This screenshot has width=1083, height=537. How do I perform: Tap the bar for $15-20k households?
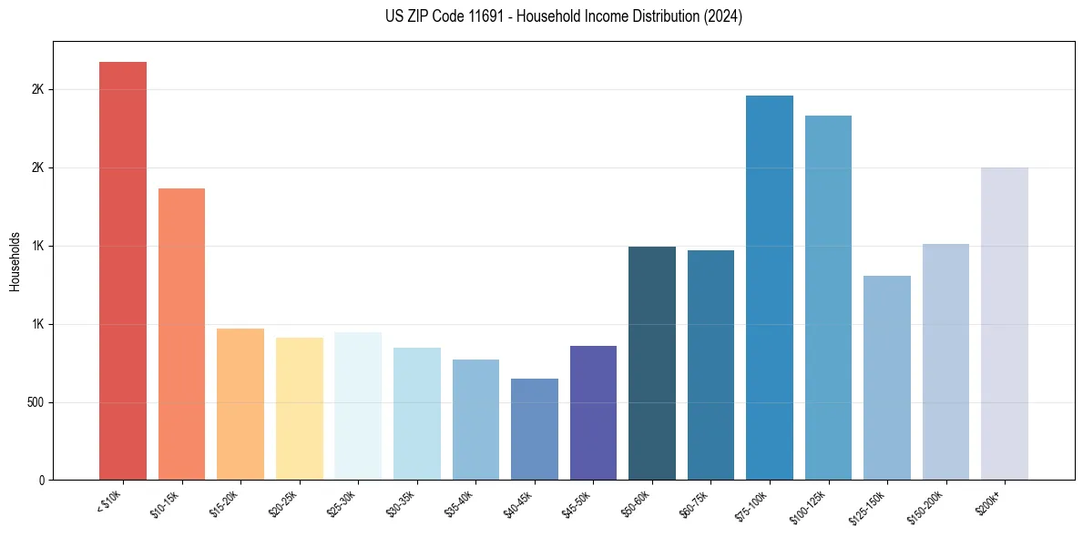point(240,404)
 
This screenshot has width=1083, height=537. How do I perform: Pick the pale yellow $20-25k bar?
point(299,409)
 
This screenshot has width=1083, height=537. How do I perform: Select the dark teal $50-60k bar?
point(652,363)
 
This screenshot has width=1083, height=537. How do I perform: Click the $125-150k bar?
point(887,378)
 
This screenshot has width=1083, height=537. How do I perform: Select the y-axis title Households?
point(15,261)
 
